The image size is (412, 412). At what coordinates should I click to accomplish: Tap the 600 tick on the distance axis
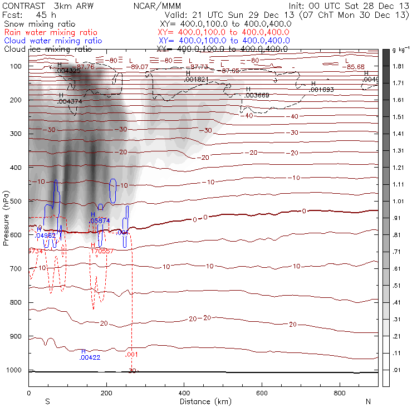[262, 394]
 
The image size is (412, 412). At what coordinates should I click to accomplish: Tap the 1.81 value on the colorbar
[398, 66]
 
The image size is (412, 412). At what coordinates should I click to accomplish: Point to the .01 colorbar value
[398, 369]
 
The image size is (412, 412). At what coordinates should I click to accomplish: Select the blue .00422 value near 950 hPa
[90, 357]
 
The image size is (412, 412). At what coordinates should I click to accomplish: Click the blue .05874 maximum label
[100, 220]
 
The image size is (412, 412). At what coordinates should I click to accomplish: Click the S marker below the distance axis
[48, 401]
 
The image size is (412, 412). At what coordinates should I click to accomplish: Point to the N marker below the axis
[368, 401]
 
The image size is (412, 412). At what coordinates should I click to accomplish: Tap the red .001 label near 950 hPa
[132, 354]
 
